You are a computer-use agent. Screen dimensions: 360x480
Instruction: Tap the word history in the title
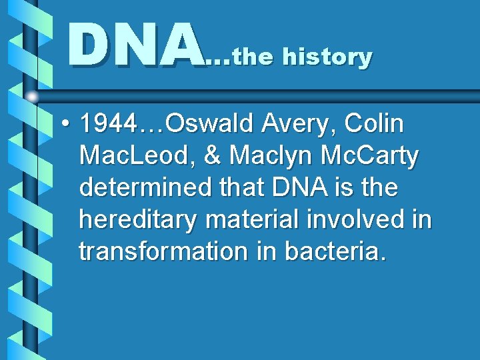(327, 57)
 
